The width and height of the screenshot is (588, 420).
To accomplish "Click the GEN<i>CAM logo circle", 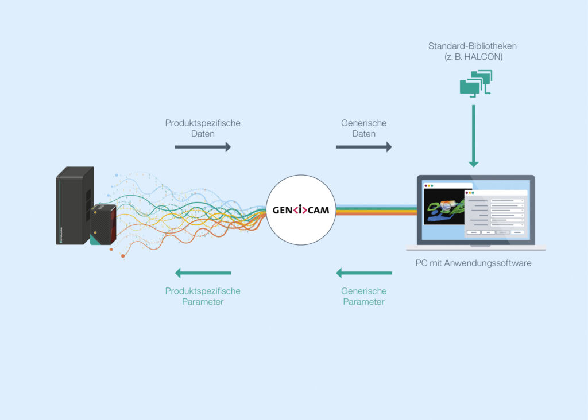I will click(301, 209).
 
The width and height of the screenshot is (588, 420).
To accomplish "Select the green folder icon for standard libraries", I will click(475, 83).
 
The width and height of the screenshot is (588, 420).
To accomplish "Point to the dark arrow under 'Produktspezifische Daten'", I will click(203, 147).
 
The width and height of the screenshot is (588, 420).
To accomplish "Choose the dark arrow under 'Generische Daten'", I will click(363, 147).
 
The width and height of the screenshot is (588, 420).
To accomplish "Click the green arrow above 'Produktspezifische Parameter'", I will click(203, 273).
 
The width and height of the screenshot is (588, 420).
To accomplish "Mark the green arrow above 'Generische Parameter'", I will click(363, 273).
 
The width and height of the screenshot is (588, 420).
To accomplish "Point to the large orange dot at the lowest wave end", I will click(123, 256).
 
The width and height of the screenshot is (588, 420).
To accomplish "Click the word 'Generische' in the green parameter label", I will click(363, 291).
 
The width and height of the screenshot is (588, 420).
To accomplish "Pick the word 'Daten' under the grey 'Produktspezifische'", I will click(203, 134).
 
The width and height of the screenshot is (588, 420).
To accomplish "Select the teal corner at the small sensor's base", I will click(94, 241).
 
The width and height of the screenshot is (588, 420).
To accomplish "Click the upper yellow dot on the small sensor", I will click(95, 212).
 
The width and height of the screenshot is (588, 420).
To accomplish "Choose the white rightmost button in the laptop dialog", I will click(517, 232).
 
